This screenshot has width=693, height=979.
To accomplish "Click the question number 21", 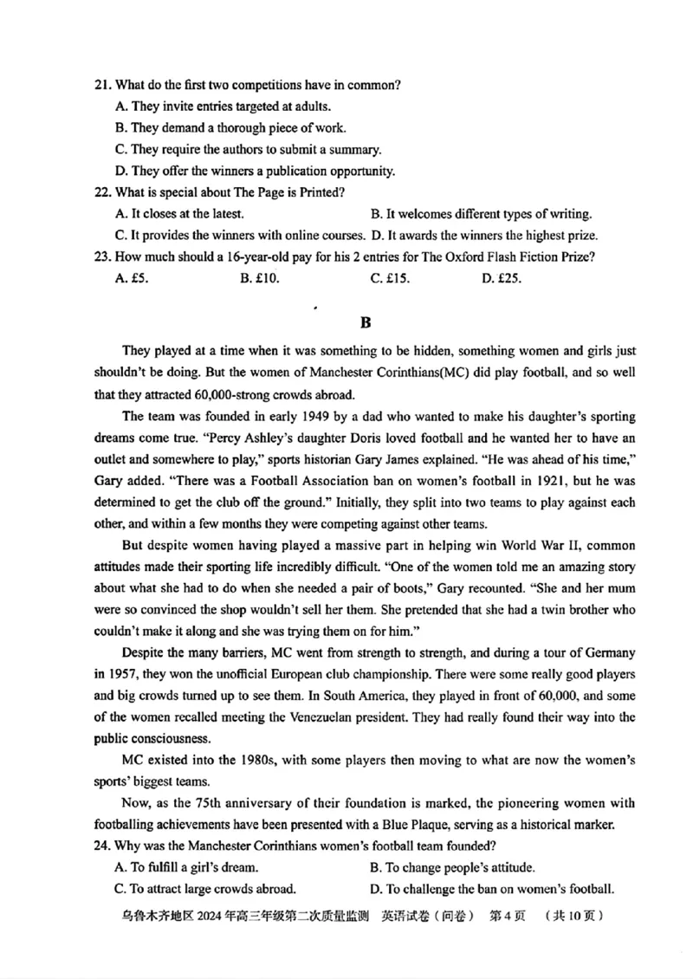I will click(x=103, y=85).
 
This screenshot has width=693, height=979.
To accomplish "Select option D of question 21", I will click(x=255, y=171).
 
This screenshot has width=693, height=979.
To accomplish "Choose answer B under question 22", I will click(x=481, y=213).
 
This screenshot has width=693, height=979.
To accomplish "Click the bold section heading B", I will click(x=365, y=322).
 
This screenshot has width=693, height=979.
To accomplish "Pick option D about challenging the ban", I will click(x=491, y=888).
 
